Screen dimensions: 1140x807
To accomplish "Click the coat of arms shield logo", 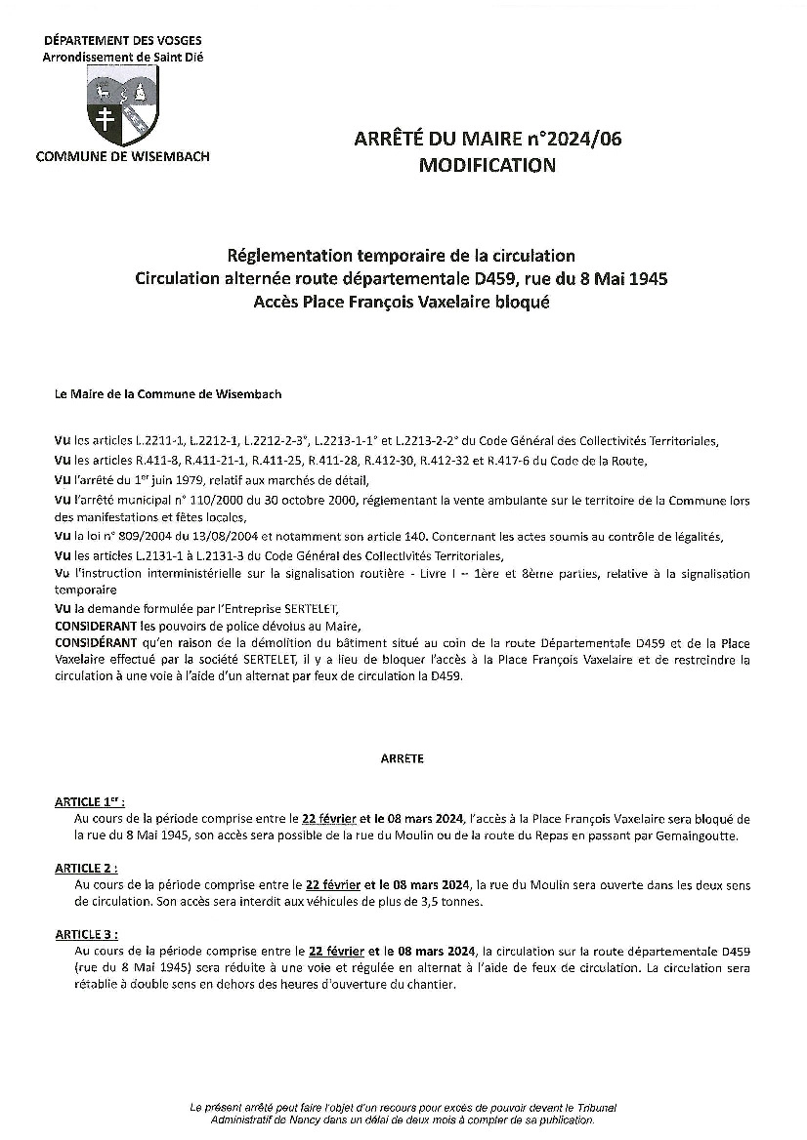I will click(x=121, y=108).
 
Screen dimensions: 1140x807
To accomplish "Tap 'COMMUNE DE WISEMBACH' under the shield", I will click(x=122, y=156).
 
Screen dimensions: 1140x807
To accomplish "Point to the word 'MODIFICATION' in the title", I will click(x=487, y=165).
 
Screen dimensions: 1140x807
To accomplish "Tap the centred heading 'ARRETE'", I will click(x=403, y=757).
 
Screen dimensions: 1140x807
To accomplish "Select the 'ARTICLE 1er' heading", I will click(x=91, y=800).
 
